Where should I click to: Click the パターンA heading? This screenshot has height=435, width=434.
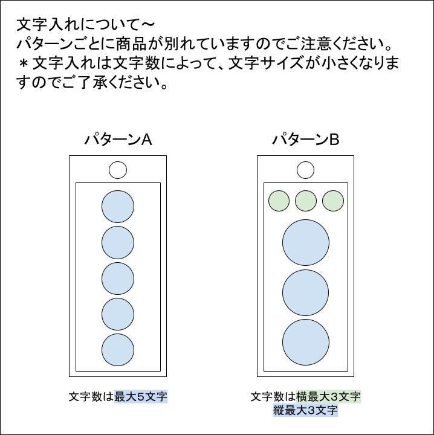(118, 140)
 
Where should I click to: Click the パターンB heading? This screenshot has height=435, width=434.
(305, 140)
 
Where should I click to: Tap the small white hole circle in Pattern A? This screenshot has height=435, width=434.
(118, 170)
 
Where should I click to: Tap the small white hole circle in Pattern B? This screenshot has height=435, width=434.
(306, 170)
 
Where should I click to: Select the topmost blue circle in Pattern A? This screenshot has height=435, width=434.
(118, 207)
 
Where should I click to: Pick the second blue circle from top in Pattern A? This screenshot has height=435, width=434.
(118, 242)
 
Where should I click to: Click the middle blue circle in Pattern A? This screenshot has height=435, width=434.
(118, 278)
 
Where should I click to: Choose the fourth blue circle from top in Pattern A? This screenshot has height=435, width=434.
(118, 314)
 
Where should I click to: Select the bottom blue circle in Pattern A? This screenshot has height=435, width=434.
(118, 349)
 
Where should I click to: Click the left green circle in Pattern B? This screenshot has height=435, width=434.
(279, 201)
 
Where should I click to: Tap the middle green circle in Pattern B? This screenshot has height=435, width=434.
(306, 201)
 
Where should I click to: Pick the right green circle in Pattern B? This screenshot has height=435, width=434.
(333, 201)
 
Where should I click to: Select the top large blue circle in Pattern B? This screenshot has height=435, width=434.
(306, 243)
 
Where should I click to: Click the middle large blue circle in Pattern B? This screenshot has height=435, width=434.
(306, 293)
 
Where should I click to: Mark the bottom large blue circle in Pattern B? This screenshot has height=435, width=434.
(306, 343)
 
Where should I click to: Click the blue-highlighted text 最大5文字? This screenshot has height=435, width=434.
(141, 397)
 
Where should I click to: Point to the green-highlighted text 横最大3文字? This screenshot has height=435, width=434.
(328, 397)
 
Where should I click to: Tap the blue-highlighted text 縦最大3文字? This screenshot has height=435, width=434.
(305, 411)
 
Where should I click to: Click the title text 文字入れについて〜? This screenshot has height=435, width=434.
(85, 25)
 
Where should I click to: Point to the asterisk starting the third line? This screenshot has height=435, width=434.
(24, 63)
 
